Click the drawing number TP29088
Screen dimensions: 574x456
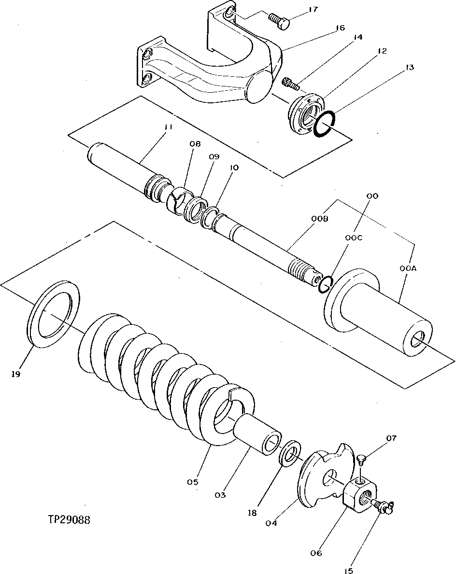pyautogui.click(x=69, y=520)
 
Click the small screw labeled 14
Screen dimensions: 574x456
pyautogui.click(x=290, y=84)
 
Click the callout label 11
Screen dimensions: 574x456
pyautogui.click(x=168, y=127)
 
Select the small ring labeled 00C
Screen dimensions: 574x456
pyautogui.click(x=326, y=285)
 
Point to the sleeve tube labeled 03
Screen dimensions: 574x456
pyautogui.click(x=258, y=432)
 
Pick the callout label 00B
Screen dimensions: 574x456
pyautogui.click(x=320, y=219)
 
